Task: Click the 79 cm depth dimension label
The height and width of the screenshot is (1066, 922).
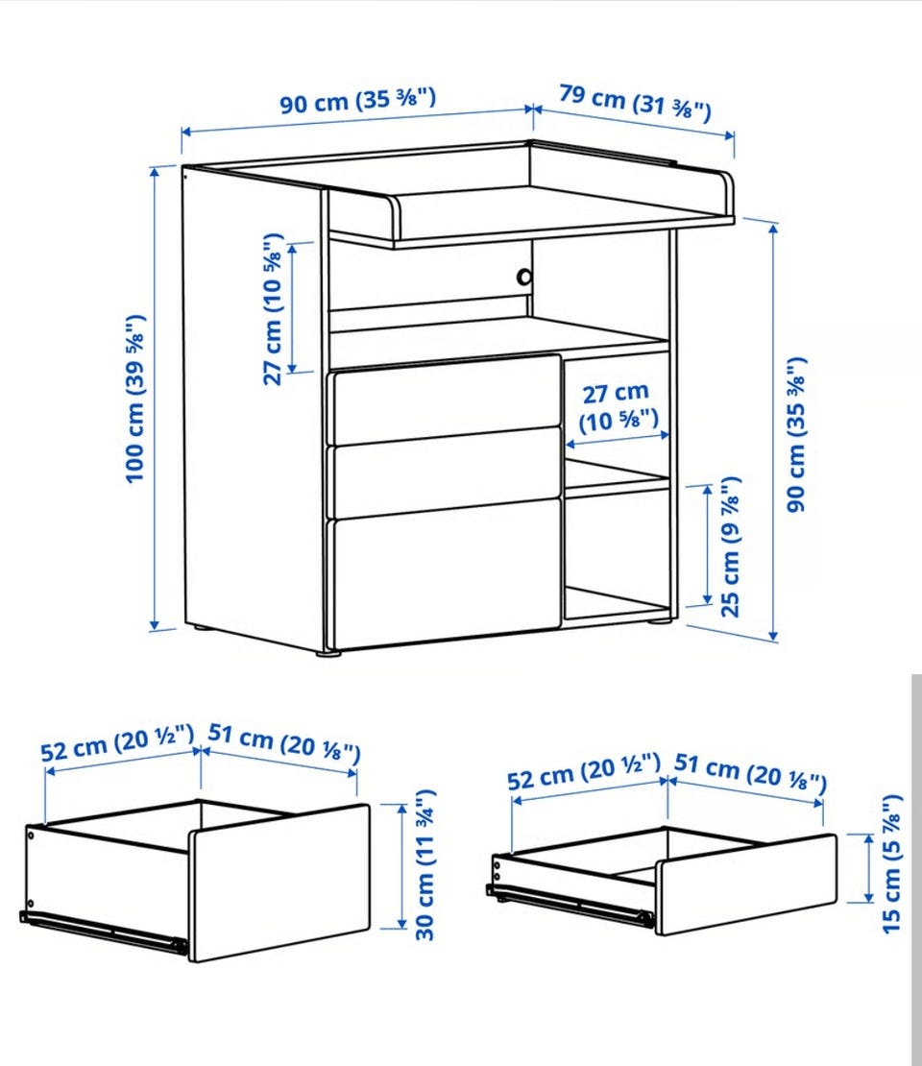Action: (x=635, y=103)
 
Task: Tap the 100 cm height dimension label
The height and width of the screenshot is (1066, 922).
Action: (x=135, y=399)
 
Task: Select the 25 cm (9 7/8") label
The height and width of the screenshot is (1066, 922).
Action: (x=730, y=546)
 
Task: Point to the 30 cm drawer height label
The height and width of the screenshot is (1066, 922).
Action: (x=425, y=864)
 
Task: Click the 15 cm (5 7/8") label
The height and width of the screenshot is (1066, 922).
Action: (x=891, y=863)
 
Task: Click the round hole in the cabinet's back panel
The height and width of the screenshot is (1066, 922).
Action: (x=524, y=278)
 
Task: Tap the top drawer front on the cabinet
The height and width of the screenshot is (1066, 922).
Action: (x=446, y=400)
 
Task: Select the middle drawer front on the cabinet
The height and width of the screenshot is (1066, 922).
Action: (x=446, y=472)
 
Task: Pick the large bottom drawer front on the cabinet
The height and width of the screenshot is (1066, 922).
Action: (x=445, y=572)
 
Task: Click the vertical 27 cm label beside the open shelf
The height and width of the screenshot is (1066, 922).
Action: (x=273, y=308)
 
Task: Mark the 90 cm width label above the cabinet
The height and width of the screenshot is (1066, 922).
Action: (x=358, y=101)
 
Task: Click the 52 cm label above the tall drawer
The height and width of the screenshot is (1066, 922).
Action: (x=117, y=743)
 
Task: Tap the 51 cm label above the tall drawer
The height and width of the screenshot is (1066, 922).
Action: (x=284, y=742)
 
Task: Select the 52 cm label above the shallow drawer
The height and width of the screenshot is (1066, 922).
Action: (x=584, y=771)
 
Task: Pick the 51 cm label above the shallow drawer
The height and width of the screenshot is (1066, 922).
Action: (x=751, y=773)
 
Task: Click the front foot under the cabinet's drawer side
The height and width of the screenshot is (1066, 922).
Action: (x=329, y=653)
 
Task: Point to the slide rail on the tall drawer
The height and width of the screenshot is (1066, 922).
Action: (x=104, y=930)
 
